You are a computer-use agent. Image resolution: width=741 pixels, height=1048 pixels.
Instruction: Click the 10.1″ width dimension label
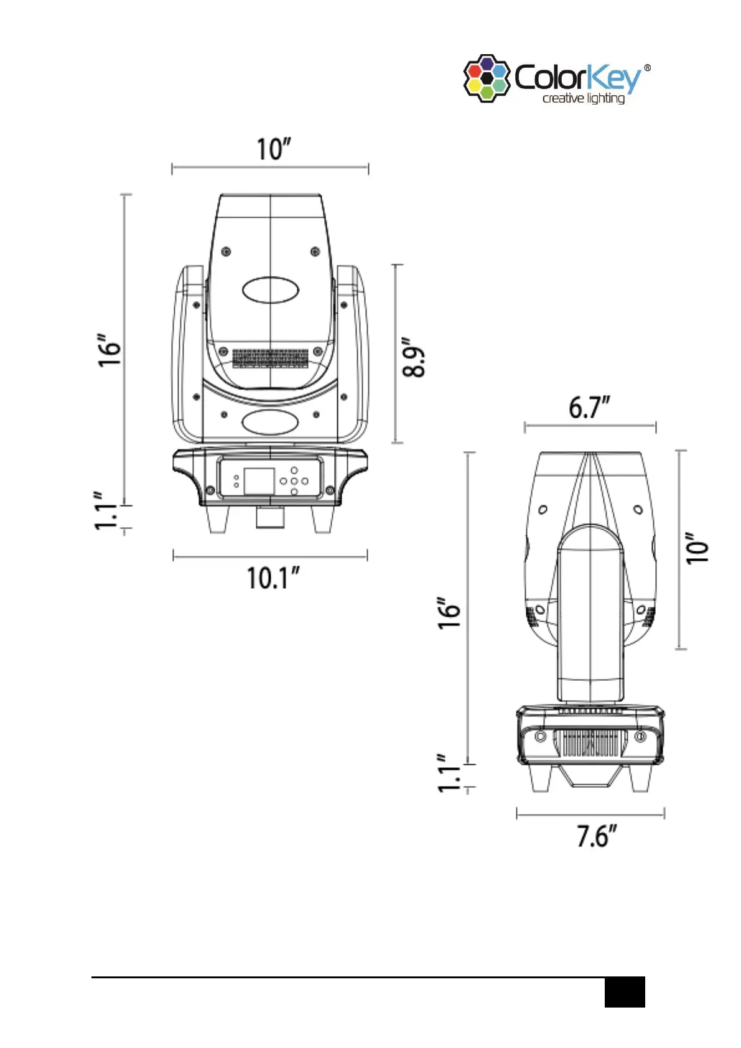[273, 578]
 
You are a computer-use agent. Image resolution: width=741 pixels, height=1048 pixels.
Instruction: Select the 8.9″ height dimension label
[414, 357]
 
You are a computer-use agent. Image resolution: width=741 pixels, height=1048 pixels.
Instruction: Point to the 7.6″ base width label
[597, 836]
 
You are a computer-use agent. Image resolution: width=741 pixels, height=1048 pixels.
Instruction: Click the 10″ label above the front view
[274, 149]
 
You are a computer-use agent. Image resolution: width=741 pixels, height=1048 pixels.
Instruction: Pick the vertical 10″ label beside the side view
[697, 548]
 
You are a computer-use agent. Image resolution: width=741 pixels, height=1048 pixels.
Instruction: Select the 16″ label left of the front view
[110, 350]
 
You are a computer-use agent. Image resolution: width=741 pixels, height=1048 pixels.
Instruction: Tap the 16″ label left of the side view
[450, 613]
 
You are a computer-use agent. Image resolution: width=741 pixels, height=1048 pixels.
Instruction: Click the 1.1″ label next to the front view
[105, 511]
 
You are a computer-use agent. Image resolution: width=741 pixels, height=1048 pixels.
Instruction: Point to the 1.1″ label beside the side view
[448, 773]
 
